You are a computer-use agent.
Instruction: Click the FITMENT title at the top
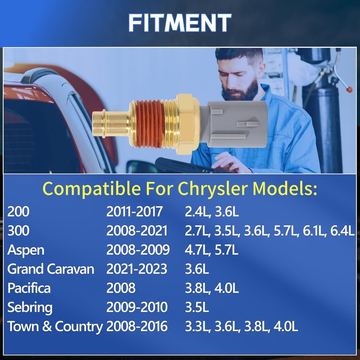tap(180, 22)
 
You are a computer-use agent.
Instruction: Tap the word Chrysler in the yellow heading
tap(213, 189)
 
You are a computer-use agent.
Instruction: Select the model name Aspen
tap(26, 250)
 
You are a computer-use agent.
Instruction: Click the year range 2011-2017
tap(134, 211)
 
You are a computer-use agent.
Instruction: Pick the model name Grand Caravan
tap(51, 269)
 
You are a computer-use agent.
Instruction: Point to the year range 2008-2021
tap(137, 230)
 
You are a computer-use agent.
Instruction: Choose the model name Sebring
tap(30, 308)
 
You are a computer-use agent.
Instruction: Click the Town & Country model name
tap(55, 327)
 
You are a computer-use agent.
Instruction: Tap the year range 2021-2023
tap(136, 269)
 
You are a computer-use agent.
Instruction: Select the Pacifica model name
tap(29, 288)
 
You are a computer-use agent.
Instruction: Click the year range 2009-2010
tap(137, 307)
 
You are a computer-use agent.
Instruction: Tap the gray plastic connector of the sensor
tap(234, 124)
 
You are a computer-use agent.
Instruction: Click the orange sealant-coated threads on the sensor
tap(150, 124)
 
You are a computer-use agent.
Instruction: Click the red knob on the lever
tap(349, 89)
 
